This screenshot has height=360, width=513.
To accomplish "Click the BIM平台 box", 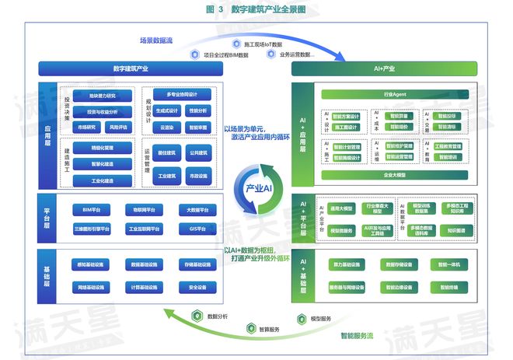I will click(x=91, y=210).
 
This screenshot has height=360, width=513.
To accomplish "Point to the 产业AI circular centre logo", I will click(x=256, y=188).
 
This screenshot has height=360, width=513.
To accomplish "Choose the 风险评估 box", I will click(x=119, y=126).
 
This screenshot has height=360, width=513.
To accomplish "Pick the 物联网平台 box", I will click(x=143, y=210).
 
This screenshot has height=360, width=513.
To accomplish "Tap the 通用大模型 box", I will click(x=342, y=209).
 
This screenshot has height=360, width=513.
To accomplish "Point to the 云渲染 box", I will click(x=166, y=126).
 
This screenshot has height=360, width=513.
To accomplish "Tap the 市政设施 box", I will click(x=198, y=176).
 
